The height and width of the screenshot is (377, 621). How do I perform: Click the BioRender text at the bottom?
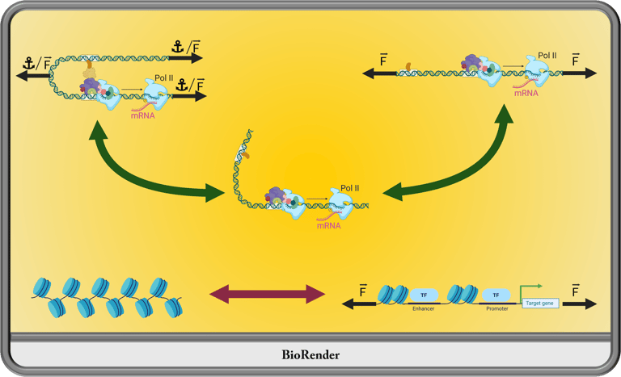(x=310, y=355)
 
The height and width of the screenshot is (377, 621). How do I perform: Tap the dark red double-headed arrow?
(x=268, y=294)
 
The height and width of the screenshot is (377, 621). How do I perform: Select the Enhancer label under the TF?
(x=424, y=308)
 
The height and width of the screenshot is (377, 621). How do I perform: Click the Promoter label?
(x=497, y=308)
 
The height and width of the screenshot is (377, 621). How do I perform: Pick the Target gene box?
(x=540, y=304)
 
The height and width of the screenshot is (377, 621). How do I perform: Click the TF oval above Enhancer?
(x=424, y=295)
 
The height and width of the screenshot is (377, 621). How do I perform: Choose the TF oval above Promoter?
(x=496, y=295)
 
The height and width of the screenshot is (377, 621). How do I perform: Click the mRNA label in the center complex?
(x=329, y=226)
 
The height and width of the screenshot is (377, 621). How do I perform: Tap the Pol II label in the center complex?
(x=349, y=188)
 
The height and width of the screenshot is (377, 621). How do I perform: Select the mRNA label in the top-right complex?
(x=526, y=94)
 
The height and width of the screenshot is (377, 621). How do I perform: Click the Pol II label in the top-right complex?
(x=547, y=56)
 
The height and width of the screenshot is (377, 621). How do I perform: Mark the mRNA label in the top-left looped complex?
(x=143, y=116)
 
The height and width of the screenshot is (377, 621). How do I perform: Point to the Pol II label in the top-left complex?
(x=164, y=78)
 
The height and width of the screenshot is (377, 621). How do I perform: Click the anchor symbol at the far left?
(x=28, y=63)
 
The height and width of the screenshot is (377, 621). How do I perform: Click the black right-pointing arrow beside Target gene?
(x=580, y=304)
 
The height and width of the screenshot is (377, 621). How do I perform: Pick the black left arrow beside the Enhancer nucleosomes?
(x=359, y=304)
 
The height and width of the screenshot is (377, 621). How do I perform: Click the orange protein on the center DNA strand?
(x=246, y=155)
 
